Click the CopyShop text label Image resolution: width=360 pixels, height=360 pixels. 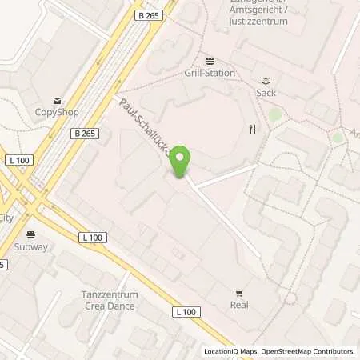coord(58,113)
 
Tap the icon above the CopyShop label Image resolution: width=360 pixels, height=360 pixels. coord(58,101)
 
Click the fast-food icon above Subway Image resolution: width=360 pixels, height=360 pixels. coord(31,235)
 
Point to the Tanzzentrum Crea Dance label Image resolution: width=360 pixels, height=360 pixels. coord(110,300)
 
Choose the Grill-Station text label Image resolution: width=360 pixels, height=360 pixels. coord(210,73)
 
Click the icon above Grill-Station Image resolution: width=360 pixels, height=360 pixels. coord(210,61)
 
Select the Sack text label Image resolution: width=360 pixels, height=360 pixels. coord(266,92)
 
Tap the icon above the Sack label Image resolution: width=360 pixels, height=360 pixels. coord(266,80)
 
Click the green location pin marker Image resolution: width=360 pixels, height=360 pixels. coord(182,161)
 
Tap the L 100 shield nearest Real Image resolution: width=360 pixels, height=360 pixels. coord(185,311)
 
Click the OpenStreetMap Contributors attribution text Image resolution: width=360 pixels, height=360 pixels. coord(311,351)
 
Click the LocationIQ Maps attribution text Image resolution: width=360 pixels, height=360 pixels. coord(234,351)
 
